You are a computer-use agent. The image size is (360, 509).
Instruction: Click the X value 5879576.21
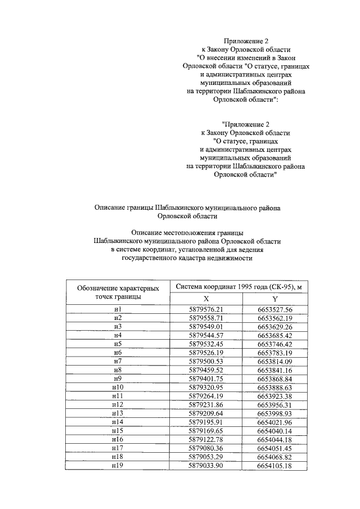click(x=206, y=309)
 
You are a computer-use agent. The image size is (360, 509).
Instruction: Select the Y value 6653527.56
click(x=275, y=309)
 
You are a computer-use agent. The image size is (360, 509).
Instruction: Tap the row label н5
click(x=118, y=344)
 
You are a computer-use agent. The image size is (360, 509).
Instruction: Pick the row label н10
click(x=118, y=388)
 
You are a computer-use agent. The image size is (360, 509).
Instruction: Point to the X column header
click(x=206, y=299)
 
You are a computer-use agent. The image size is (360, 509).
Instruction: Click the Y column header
click(x=275, y=299)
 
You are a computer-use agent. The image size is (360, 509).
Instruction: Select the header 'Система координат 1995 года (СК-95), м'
click(x=241, y=287)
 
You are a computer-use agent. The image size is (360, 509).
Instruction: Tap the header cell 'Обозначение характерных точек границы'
click(x=118, y=292)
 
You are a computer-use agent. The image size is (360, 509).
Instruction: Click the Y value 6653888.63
click(x=275, y=388)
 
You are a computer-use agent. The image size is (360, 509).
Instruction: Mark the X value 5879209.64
click(x=206, y=413)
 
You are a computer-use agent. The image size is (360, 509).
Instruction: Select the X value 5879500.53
click(x=206, y=361)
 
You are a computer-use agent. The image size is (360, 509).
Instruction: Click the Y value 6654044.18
click(x=275, y=439)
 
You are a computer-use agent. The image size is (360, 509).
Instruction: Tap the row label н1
click(x=118, y=309)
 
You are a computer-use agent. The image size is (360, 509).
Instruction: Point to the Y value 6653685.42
click(x=275, y=335)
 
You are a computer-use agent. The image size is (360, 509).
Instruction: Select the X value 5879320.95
click(x=206, y=388)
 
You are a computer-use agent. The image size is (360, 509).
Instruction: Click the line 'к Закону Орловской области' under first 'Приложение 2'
click(x=245, y=49)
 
